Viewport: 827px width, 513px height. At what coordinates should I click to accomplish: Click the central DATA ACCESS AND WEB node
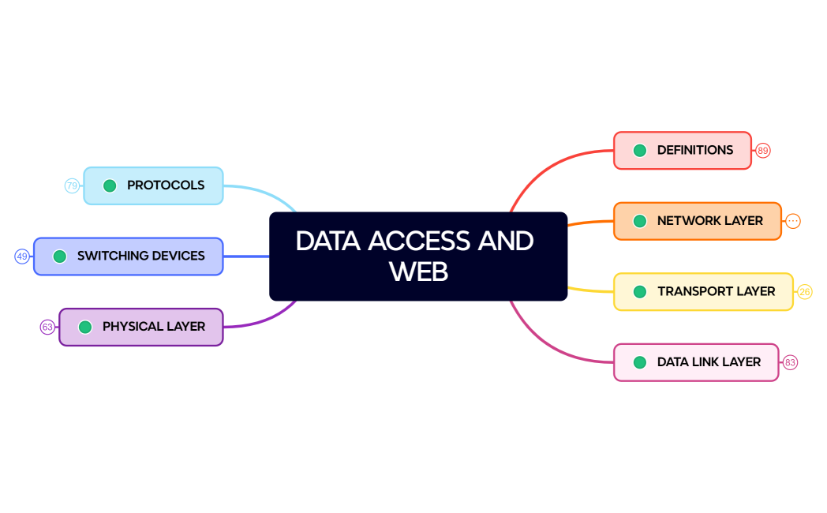click(x=418, y=256)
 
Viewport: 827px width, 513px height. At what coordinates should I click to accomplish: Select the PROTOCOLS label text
click(x=166, y=185)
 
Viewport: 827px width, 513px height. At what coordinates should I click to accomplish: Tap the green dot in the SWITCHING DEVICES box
click(x=59, y=256)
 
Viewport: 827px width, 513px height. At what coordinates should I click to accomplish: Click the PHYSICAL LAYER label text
click(x=154, y=327)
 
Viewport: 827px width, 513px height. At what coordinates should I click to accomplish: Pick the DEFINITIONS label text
click(x=695, y=150)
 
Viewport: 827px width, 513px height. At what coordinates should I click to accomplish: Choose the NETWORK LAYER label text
click(x=710, y=221)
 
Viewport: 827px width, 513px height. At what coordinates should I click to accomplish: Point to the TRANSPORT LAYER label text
click(x=717, y=291)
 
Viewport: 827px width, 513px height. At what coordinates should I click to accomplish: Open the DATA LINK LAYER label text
click(x=709, y=362)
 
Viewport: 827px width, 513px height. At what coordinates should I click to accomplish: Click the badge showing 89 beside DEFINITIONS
click(x=762, y=151)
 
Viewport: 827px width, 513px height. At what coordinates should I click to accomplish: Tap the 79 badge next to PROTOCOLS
click(x=72, y=186)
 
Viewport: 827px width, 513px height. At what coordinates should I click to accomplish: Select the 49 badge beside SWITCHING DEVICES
click(x=22, y=256)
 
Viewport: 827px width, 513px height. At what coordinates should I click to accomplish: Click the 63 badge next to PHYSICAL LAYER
click(x=47, y=327)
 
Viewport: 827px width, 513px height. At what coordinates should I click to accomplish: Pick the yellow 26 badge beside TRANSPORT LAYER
click(x=804, y=292)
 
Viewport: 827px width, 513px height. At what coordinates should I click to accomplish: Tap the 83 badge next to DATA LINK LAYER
click(x=790, y=363)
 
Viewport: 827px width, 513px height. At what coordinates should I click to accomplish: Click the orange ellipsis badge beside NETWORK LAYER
click(x=793, y=221)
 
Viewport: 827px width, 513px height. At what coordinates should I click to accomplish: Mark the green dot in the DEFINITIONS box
click(x=640, y=151)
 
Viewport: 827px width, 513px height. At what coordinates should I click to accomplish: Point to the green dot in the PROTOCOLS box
click(x=110, y=186)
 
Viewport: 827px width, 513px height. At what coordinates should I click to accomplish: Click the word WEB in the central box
click(x=418, y=271)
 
